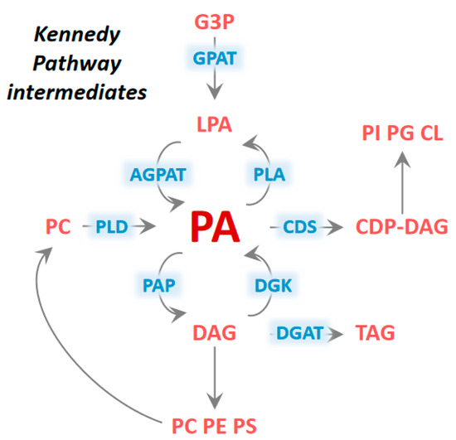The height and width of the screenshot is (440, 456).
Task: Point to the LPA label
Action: click(x=215, y=125)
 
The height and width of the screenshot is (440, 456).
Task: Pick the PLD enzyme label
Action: click(x=110, y=226)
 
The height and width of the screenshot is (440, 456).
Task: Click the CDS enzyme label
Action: click(x=302, y=226)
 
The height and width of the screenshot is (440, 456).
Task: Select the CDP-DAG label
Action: click(x=401, y=226)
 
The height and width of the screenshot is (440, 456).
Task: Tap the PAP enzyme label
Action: click(x=158, y=283)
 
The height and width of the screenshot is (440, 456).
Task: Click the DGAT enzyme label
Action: click(x=298, y=334)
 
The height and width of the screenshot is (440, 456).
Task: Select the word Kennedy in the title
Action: click(x=76, y=36)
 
